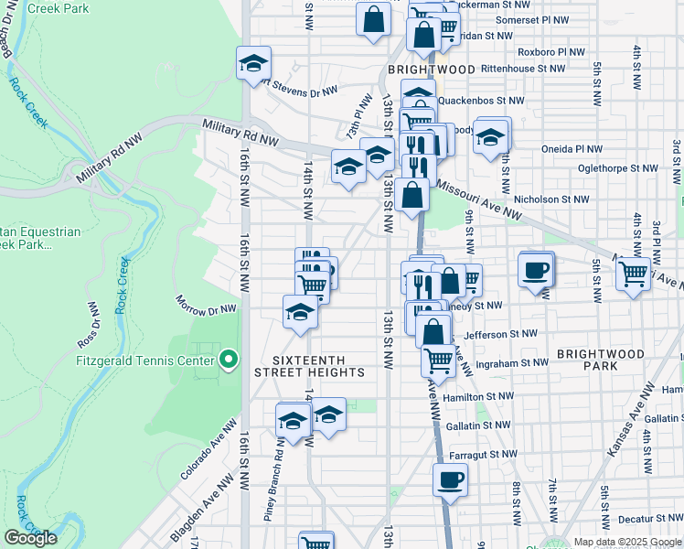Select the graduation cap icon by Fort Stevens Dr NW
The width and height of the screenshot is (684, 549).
[x=253, y=63]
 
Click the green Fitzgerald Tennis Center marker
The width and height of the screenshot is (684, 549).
[x=230, y=360]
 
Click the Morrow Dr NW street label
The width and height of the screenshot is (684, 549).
[x=207, y=304]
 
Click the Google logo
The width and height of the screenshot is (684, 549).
[x=31, y=538]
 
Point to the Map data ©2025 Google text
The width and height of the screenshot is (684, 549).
[x=626, y=542]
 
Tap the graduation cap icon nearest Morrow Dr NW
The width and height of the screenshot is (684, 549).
[x=300, y=313]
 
